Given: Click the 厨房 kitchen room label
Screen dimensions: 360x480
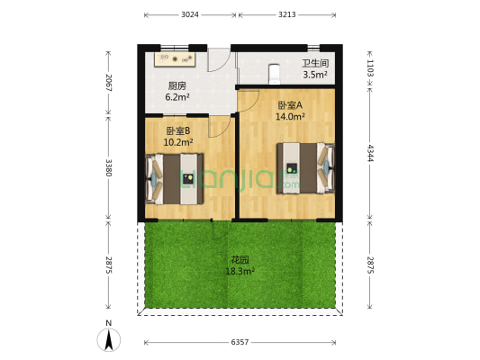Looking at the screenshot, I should pos(177,86).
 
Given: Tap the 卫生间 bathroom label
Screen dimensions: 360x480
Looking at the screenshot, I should pos(314,64).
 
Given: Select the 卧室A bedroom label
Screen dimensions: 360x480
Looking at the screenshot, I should pos(289,104).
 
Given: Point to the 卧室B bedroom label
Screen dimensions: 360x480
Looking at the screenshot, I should pos(176,130).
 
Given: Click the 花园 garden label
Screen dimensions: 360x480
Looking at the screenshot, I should pos(239,259).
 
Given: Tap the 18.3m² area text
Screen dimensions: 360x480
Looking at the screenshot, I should pos(240,270).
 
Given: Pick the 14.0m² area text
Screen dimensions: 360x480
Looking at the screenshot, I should pos(290,116).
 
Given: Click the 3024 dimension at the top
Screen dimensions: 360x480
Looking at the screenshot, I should pos(189,15).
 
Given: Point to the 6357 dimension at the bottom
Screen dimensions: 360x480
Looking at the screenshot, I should pos(239,343).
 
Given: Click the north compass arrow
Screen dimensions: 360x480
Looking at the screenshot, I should pos(109,339).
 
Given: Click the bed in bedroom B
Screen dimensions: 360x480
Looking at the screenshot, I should pos(173,178).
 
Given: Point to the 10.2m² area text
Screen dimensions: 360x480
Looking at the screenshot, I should pos(177,141).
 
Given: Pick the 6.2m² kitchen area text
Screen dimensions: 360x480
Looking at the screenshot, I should pos(177,97).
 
